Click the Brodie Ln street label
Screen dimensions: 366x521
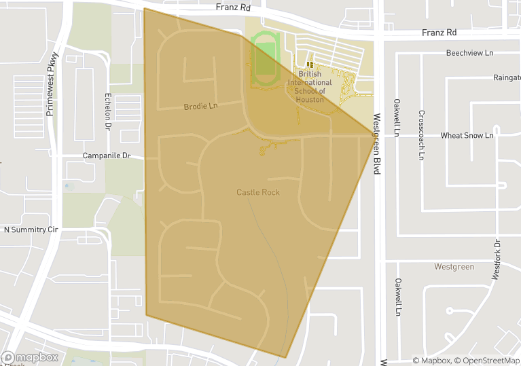pos(200,107)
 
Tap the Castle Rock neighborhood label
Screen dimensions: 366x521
pos(258,192)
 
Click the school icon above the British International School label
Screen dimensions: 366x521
pos(310,65)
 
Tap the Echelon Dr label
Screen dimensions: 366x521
pos(107,111)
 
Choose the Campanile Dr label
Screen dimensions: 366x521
pos(106,155)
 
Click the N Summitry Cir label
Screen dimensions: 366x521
pos(31,230)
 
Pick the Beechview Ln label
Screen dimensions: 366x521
pos(469,53)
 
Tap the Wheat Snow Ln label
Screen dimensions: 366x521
pos(467,136)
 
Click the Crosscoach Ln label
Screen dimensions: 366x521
pos(421,135)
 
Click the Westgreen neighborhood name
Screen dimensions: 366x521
pos(454,267)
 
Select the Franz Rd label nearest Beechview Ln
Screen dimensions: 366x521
pos(439,33)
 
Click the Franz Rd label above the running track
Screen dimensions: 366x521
pos(233,8)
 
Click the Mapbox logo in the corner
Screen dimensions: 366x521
pos(30,357)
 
